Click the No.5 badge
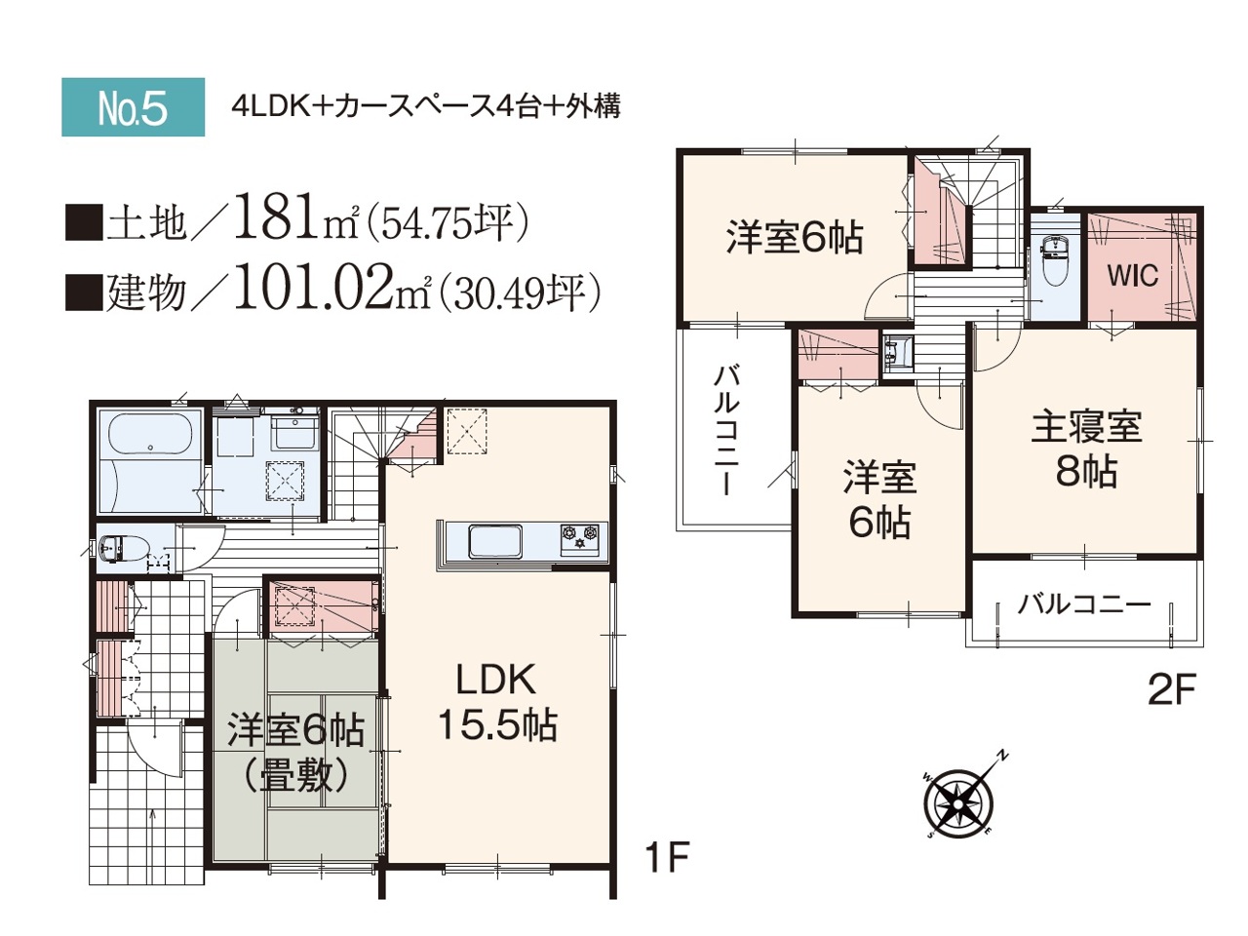[133, 107]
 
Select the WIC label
[1133, 276]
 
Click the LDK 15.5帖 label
[497, 704]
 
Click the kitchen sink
[494, 541]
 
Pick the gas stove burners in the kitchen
[580, 537]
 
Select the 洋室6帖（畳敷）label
[295, 755]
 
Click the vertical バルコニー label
[726, 431]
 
